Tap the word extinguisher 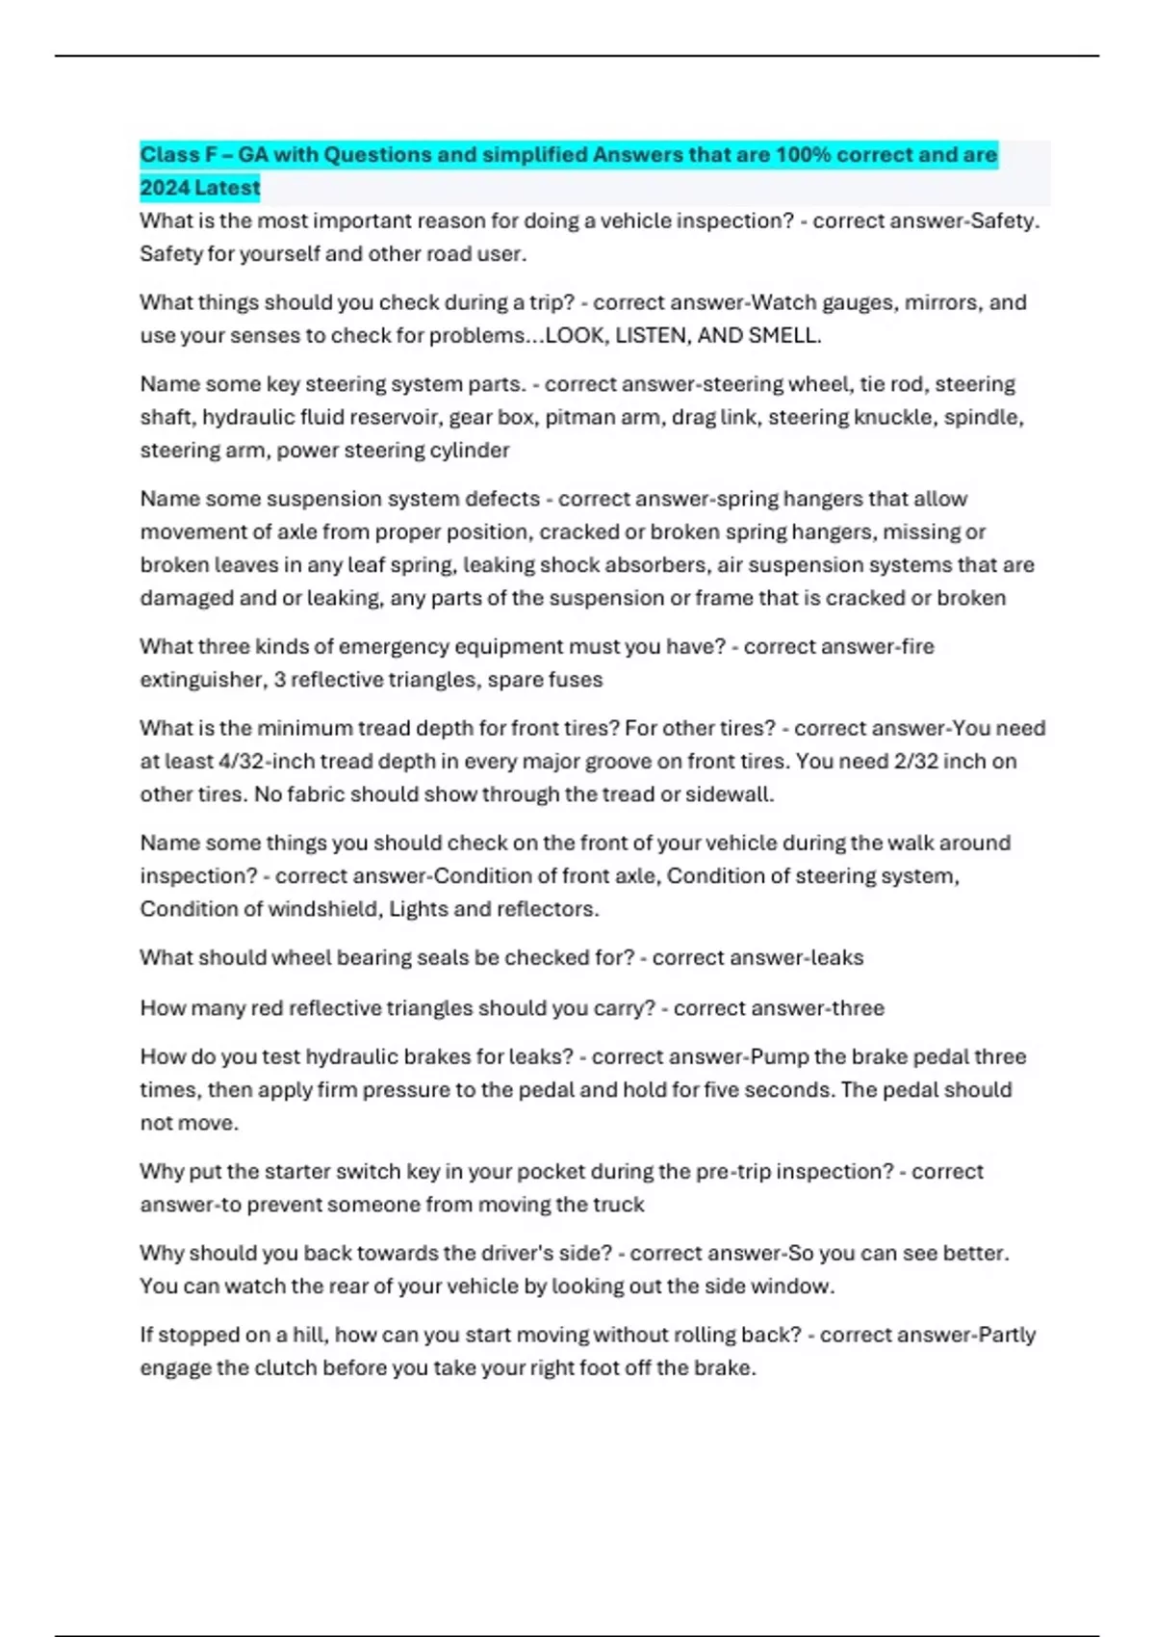pos(202,679)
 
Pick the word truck pos(619,1205)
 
